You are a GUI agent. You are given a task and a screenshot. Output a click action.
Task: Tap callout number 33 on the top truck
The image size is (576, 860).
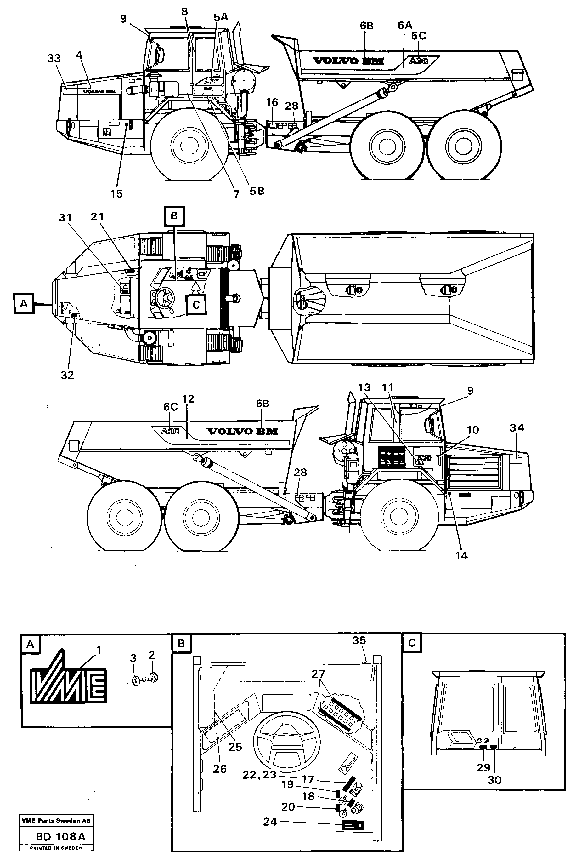[54, 59]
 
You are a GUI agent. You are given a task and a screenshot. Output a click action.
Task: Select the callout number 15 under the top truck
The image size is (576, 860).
[116, 194]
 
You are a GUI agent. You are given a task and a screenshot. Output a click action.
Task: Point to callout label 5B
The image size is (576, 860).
[257, 191]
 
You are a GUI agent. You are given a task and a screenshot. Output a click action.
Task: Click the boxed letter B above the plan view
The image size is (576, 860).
[174, 216]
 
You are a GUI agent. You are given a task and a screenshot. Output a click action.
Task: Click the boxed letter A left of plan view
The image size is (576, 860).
[24, 304]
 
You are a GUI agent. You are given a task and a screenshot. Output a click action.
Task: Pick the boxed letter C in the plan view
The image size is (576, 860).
[196, 305]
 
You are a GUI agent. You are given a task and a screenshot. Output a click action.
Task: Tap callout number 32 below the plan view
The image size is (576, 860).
[67, 375]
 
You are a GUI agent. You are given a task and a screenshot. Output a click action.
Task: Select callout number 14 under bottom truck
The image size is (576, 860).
[461, 556]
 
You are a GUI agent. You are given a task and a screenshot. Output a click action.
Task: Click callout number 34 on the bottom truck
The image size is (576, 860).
[517, 427]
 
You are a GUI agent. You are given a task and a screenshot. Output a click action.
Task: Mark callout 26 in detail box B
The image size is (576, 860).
[220, 769]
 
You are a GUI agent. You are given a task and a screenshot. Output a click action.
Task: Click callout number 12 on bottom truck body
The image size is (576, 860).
[188, 399]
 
